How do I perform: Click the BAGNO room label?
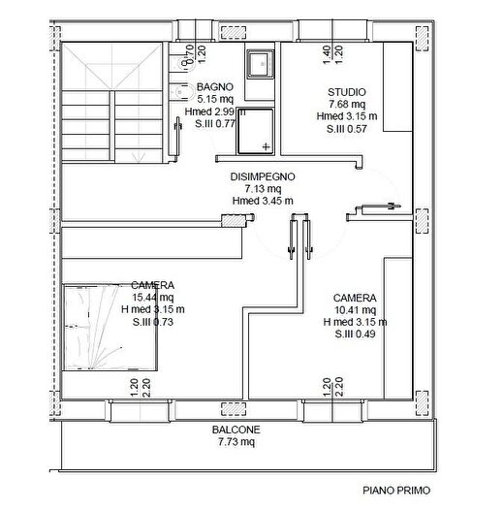(x=215, y=87)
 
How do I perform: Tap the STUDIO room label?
(x=347, y=92)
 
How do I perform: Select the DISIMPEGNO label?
(x=263, y=176)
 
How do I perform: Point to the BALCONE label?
(x=236, y=429)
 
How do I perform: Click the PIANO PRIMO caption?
(x=396, y=491)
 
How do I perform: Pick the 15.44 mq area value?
(x=152, y=298)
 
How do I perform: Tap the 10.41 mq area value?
(x=355, y=310)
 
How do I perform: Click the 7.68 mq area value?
(x=347, y=104)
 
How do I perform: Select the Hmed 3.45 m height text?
(x=263, y=201)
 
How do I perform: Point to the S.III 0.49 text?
(x=355, y=334)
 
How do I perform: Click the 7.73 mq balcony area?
(x=236, y=442)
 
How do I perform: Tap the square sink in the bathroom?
(x=261, y=64)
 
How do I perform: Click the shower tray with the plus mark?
(x=256, y=131)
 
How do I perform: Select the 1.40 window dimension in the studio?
(x=327, y=54)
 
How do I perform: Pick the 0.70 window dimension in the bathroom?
(x=190, y=54)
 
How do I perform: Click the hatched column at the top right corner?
(x=422, y=39)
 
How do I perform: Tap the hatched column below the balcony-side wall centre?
(x=234, y=409)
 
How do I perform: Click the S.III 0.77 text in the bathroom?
(x=215, y=124)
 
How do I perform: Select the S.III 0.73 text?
(x=152, y=322)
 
